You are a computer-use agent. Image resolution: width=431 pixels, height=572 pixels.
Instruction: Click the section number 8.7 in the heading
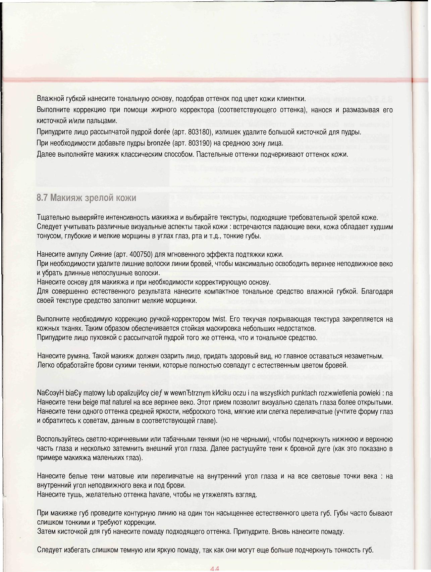tap(42, 198)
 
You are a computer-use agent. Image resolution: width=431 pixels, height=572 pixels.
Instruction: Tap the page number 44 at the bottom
tap(215, 568)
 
